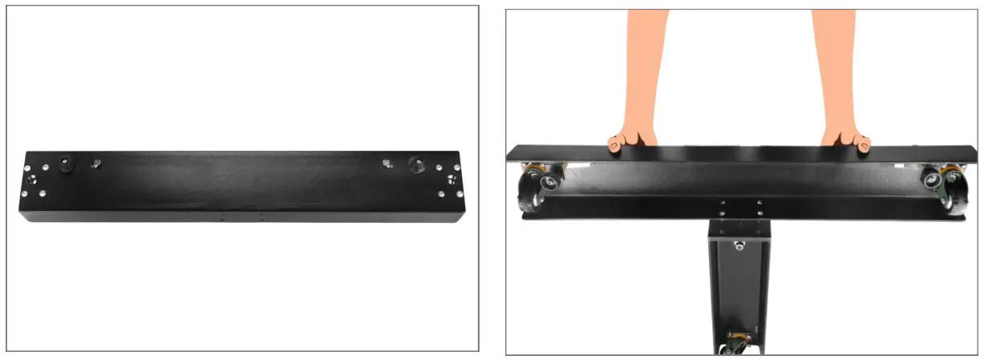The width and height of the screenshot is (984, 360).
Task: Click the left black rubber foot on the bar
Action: [x=64, y=163]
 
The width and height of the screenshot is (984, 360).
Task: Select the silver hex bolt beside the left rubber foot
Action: [x=95, y=163]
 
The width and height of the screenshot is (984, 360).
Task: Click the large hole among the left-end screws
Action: [x=33, y=178]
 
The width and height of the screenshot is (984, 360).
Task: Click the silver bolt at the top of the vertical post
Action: [x=739, y=244]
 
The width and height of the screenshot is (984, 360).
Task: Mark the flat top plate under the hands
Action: [x=738, y=152]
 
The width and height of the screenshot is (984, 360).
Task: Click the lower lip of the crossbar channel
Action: [x=738, y=215]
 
